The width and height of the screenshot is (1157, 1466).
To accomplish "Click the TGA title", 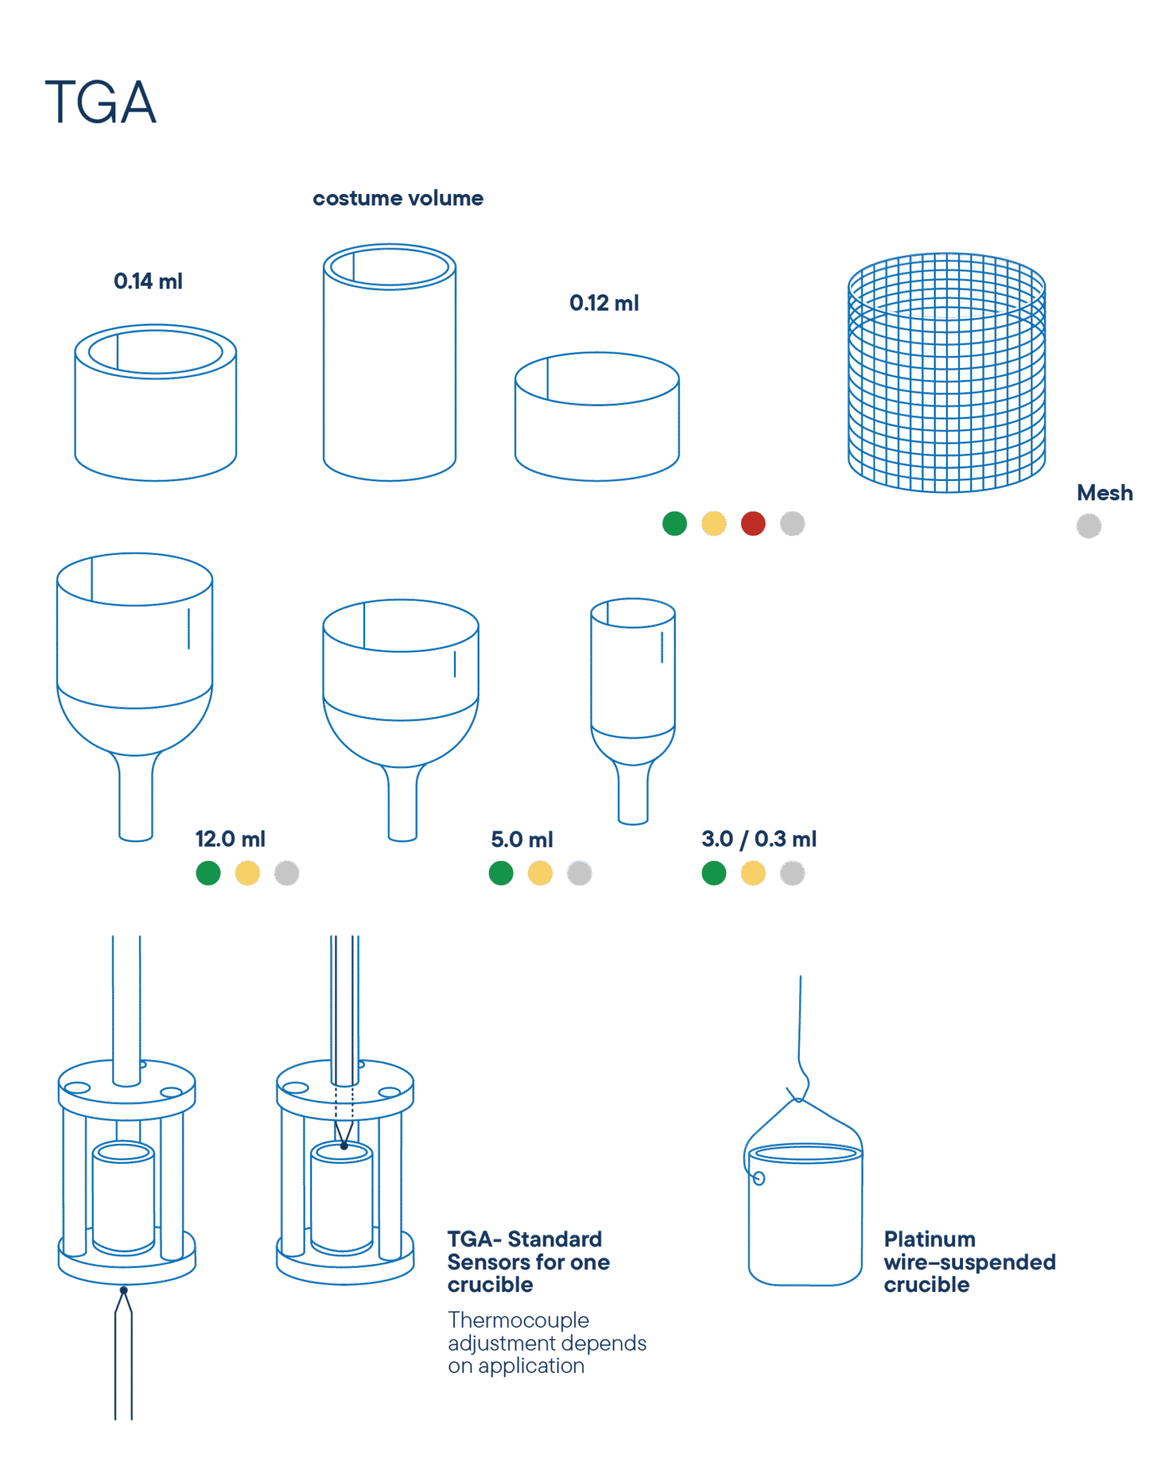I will [100, 102].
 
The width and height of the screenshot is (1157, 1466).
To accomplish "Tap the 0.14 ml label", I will [148, 281].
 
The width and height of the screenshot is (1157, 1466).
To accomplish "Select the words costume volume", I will [398, 198].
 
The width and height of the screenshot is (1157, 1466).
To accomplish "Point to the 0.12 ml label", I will [604, 304].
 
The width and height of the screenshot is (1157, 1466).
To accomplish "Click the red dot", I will [753, 524].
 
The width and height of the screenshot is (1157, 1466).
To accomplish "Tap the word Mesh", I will [1105, 493].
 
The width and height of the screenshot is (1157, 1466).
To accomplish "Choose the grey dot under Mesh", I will [1089, 526].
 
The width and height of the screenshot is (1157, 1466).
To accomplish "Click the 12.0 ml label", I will [230, 839].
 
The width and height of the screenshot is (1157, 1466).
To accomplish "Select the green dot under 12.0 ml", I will [208, 873].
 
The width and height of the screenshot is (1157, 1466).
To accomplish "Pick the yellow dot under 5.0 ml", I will [541, 873].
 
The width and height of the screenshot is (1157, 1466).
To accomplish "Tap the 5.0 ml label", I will [522, 840].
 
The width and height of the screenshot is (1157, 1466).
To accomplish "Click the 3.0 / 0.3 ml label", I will [759, 839].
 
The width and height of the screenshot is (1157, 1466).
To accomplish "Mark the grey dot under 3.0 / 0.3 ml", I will [793, 873].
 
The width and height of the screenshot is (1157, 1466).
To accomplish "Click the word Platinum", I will [929, 1239].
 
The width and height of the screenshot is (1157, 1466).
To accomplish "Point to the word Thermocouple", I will [518, 1320].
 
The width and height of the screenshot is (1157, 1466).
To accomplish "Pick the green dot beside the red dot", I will [674, 524].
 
